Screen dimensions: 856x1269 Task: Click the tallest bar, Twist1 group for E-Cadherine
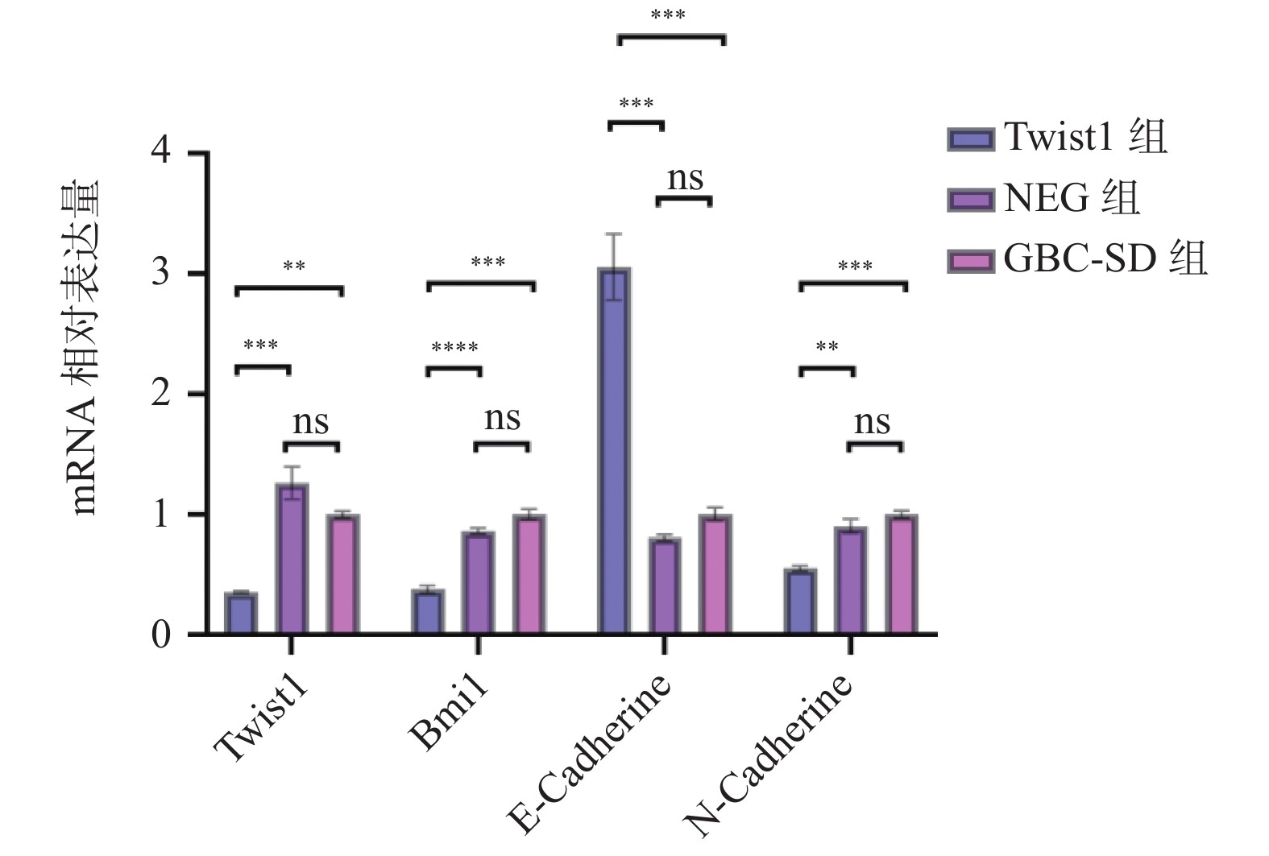click(614, 451)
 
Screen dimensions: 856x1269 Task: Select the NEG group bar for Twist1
click(292, 559)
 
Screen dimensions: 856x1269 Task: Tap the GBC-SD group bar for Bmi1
click(529, 574)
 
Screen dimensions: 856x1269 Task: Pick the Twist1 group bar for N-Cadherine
click(800, 602)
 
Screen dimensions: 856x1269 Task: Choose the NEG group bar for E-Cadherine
click(664, 585)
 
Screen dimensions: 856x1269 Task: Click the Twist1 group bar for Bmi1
click(428, 612)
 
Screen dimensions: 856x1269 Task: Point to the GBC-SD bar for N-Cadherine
click(901, 574)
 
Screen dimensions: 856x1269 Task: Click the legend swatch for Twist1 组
click(970, 139)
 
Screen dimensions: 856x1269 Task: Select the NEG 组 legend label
click(1072, 198)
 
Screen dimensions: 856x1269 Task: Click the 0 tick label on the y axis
click(161, 635)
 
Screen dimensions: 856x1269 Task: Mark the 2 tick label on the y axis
click(161, 393)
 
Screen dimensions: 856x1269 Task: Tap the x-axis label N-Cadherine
click(769, 757)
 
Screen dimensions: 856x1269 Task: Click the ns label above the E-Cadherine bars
click(685, 179)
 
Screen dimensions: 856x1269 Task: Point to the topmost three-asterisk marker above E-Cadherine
click(668, 16)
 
